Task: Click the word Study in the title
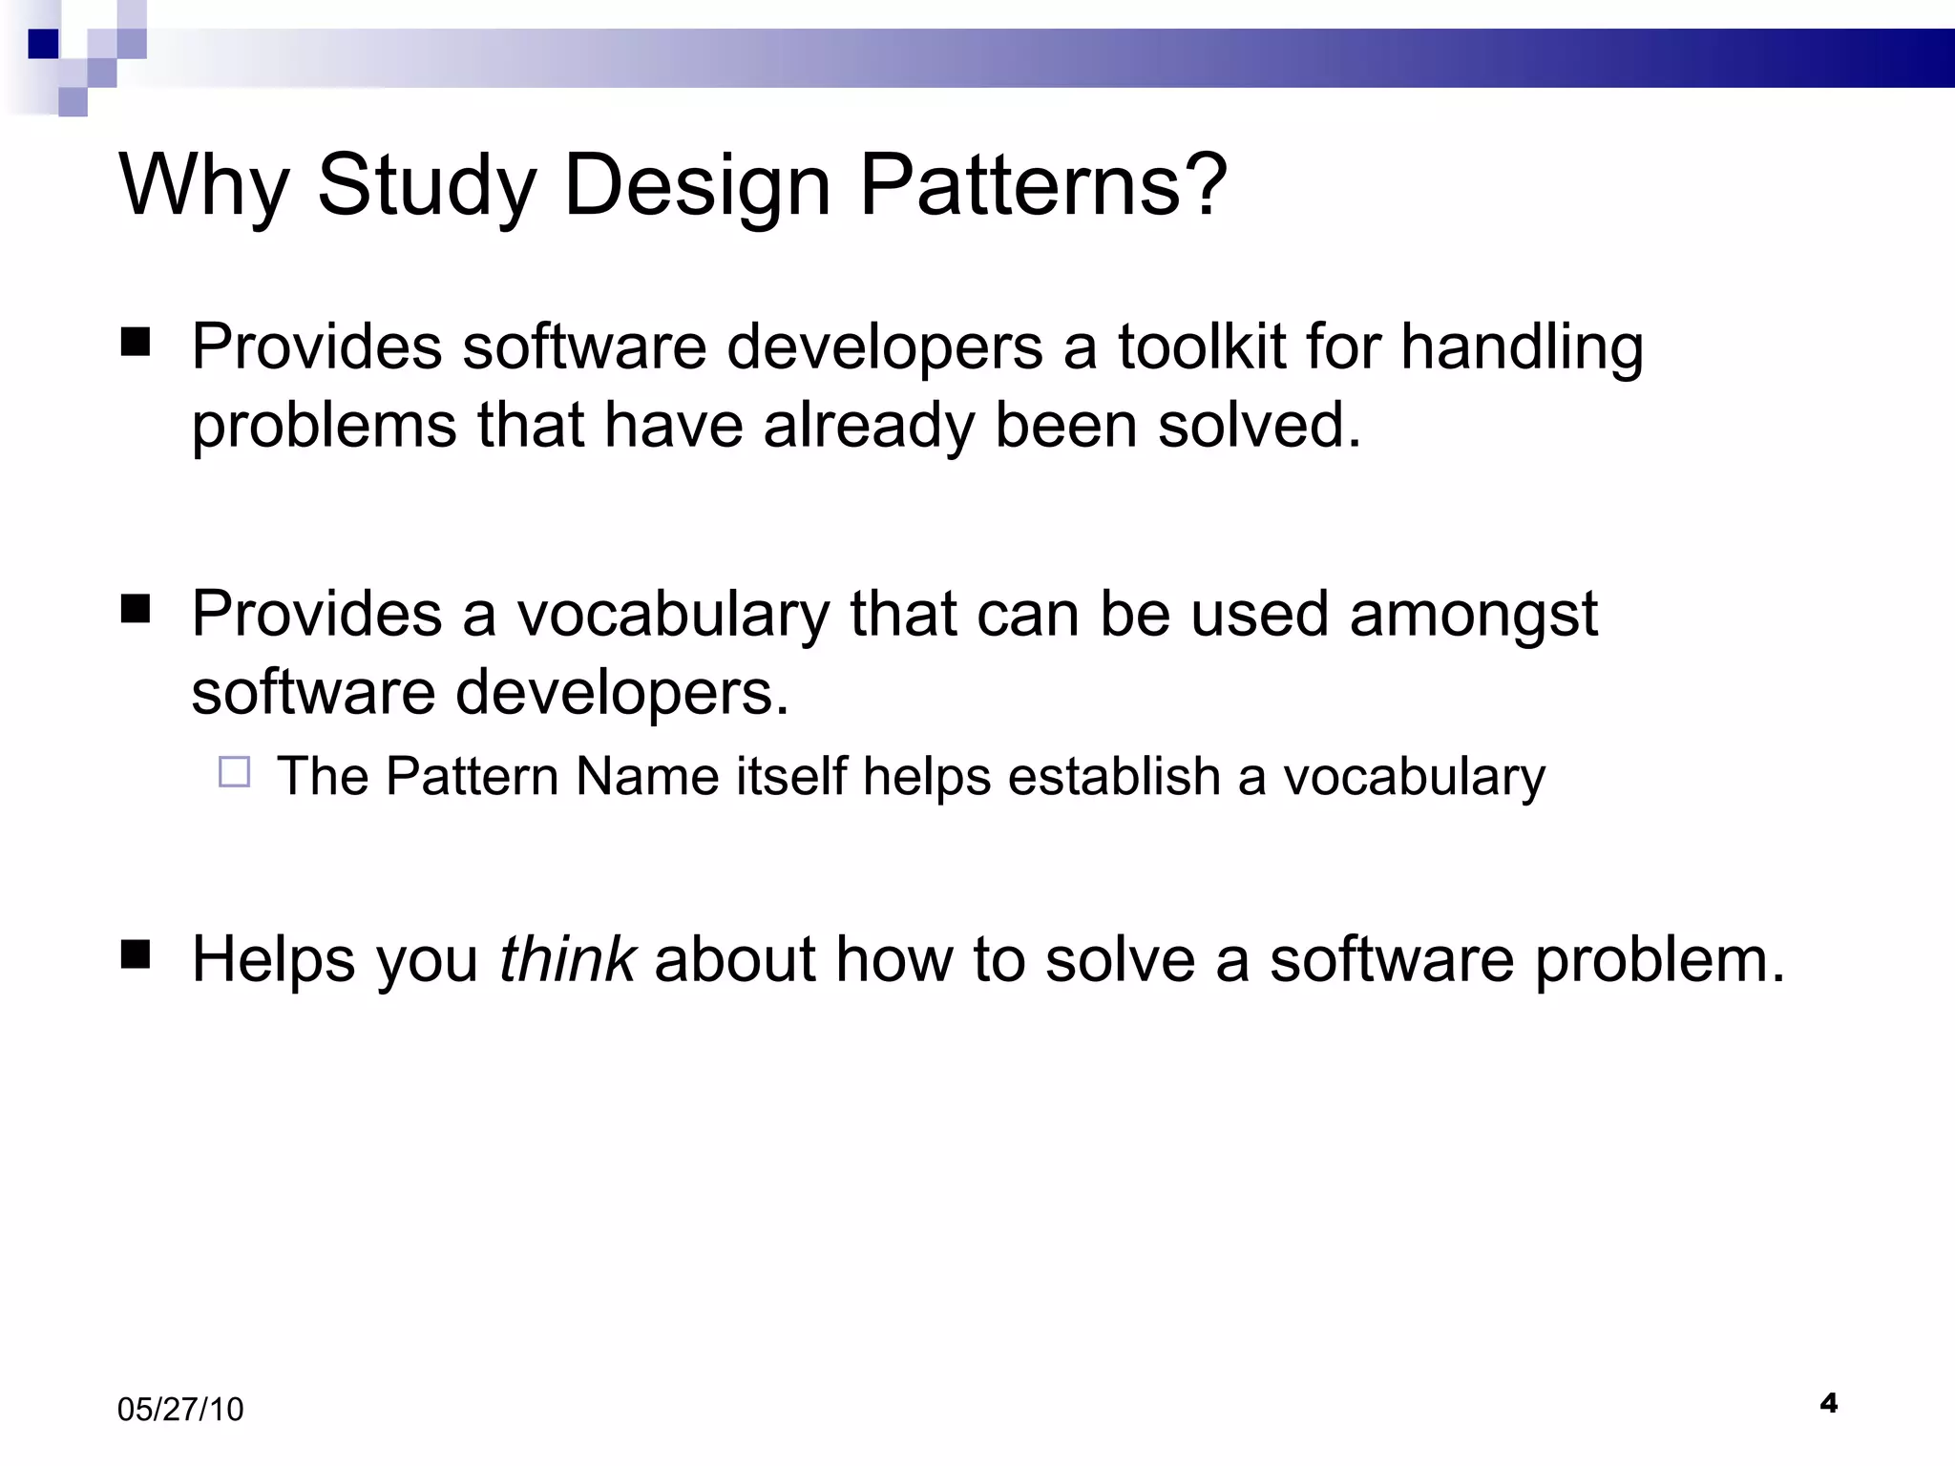[427, 186]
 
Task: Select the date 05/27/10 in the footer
[180, 1410]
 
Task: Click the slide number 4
[1828, 1403]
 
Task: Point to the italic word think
[567, 958]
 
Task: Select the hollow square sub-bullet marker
[234, 771]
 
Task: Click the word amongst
[1473, 614]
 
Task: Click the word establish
[1114, 776]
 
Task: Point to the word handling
[1522, 347]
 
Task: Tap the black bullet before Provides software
[137, 342]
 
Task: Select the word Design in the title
[697, 186]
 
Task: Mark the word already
[869, 426]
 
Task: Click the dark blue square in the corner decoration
[43, 43]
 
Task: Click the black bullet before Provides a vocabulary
[137, 608]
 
